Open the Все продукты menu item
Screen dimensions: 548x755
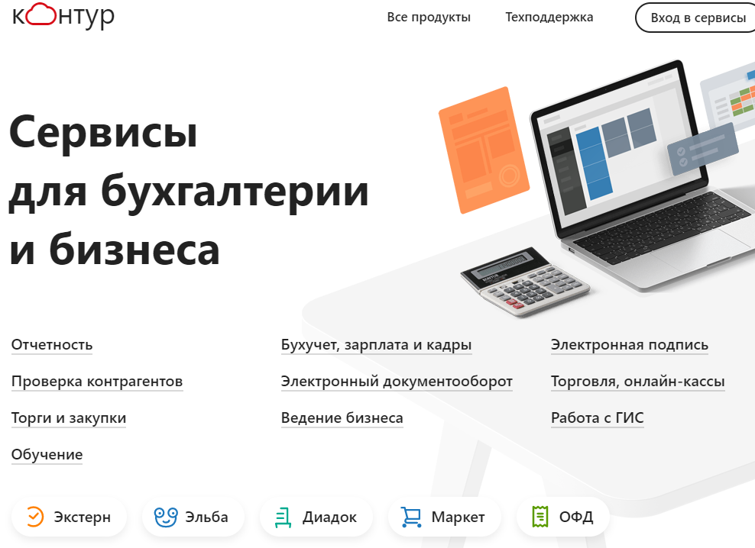pyautogui.click(x=429, y=18)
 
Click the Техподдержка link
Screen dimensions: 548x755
pyautogui.click(x=549, y=18)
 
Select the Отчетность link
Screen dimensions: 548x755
pyautogui.click(x=52, y=345)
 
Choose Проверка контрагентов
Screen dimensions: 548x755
pyautogui.click(x=97, y=382)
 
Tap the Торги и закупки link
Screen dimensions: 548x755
pyautogui.click(x=69, y=418)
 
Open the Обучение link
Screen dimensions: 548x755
pyautogui.click(x=47, y=455)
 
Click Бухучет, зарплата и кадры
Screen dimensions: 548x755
pyautogui.click(x=376, y=345)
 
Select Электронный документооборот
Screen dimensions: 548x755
pyautogui.click(x=397, y=382)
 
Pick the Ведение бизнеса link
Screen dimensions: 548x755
pyautogui.click(x=342, y=418)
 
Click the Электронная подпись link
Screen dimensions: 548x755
pyautogui.click(x=629, y=345)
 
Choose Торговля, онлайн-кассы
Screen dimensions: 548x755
pyautogui.click(x=637, y=382)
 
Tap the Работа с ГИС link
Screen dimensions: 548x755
pyautogui.click(x=597, y=418)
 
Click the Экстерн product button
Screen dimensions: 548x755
pyautogui.click(x=67, y=517)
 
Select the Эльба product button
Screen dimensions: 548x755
pyautogui.click(x=192, y=517)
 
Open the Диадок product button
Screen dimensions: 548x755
pyautogui.click(x=316, y=517)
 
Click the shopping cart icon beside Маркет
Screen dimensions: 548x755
pyautogui.click(x=411, y=517)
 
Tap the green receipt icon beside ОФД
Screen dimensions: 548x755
pyautogui.click(x=541, y=517)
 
